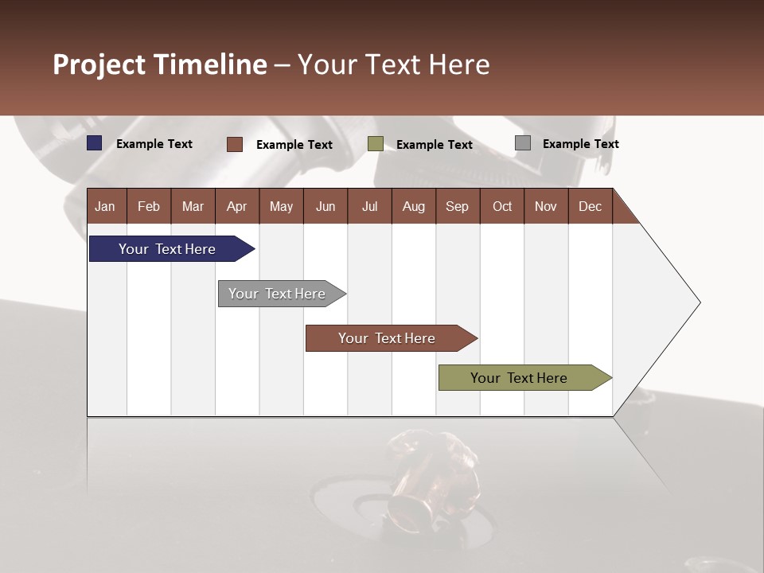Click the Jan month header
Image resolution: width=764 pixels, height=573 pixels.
[x=106, y=206]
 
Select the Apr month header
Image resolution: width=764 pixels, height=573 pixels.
[x=237, y=206]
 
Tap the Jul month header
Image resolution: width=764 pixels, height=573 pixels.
[x=369, y=206]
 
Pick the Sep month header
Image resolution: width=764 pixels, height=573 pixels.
[x=457, y=206]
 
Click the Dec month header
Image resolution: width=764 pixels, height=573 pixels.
[x=590, y=206]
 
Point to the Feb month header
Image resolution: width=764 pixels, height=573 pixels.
[x=149, y=206]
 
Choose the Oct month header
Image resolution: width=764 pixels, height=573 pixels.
[x=502, y=206]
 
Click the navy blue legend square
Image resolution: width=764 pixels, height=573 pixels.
[x=95, y=143]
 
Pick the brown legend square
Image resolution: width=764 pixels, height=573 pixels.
[x=235, y=144]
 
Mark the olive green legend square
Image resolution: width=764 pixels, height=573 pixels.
[x=376, y=144]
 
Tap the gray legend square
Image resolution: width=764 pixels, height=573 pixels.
[x=523, y=143]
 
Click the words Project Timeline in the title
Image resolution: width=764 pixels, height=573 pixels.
[x=160, y=64]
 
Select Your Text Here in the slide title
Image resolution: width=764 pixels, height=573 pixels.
[x=393, y=64]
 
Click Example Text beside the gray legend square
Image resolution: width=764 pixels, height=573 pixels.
[x=580, y=144]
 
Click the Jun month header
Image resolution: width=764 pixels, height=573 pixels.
[x=325, y=206]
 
